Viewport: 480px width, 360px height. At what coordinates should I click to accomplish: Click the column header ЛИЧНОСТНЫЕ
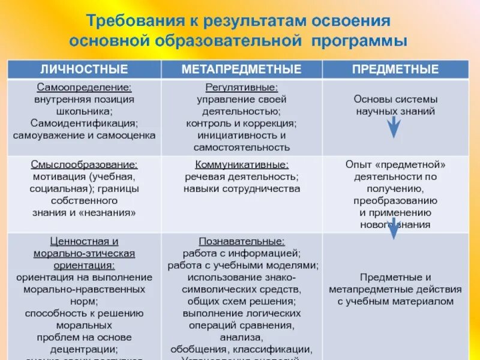pyautogui.click(x=84, y=69)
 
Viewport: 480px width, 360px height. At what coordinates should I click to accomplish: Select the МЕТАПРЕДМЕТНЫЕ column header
pyautogui.click(x=241, y=69)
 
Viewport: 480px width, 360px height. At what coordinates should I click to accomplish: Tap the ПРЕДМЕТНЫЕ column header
pyautogui.click(x=395, y=69)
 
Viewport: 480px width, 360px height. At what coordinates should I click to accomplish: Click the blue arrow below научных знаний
pyautogui.click(x=393, y=127)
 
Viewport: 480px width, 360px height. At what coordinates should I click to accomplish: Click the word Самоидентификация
pyautogui.click(x=84, y=124)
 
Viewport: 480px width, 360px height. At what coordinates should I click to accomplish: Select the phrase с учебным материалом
pyautogui.click(x=395, y=301)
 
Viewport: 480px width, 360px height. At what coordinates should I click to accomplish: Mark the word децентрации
pyautogui.click(x=84, y=349)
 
